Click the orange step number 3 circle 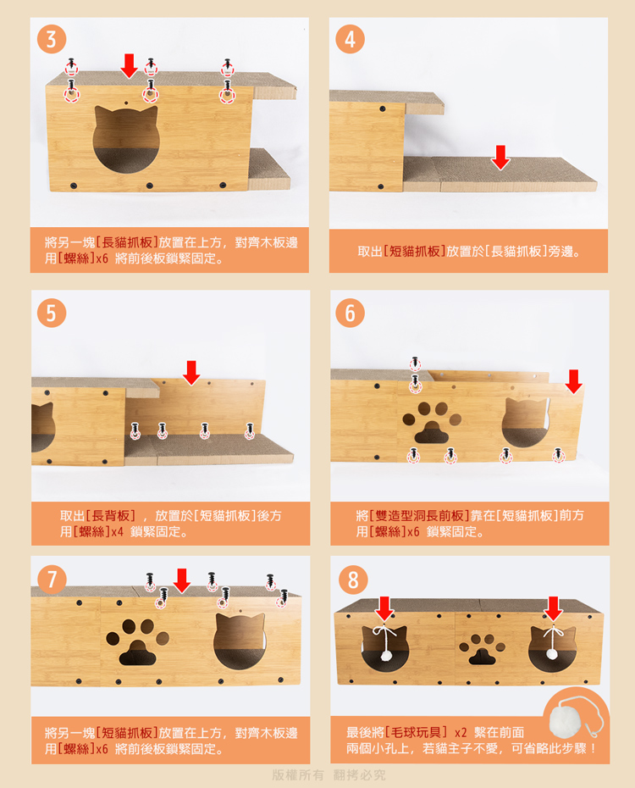[51, 39]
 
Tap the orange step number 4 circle [350, 39]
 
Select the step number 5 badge [51, 313]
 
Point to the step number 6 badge [350, 313]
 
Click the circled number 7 [52, 580]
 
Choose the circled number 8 [353, 580]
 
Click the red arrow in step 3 [130, 66]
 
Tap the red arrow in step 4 [500, 158]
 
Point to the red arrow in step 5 [191, 373]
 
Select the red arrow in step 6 [574, 382]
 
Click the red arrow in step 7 [182, 581]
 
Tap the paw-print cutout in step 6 [432, 422]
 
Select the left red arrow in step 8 [384, 608]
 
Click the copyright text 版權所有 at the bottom [298, 775]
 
